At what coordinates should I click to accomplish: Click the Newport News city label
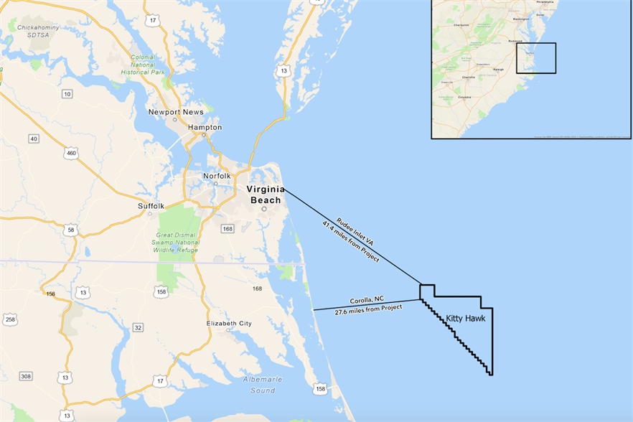(176, 112)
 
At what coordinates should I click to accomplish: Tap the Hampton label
(205, 127)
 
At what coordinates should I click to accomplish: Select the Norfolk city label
(216, 176)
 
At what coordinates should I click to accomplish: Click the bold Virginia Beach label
(265, 194)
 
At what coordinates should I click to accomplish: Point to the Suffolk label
(151, 206)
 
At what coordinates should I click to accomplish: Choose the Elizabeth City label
(229, 324)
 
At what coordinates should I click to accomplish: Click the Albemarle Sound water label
(263, 385)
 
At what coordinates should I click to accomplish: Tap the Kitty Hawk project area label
(465, 317)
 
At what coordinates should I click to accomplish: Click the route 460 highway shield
(70, 153)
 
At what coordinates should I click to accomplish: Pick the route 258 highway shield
(9, 319)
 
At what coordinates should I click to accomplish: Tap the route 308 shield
(27, 376)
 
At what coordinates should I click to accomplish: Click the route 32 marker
(138, 327)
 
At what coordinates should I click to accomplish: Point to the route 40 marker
(34, 139)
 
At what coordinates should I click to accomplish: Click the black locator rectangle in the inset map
(536, 58)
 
